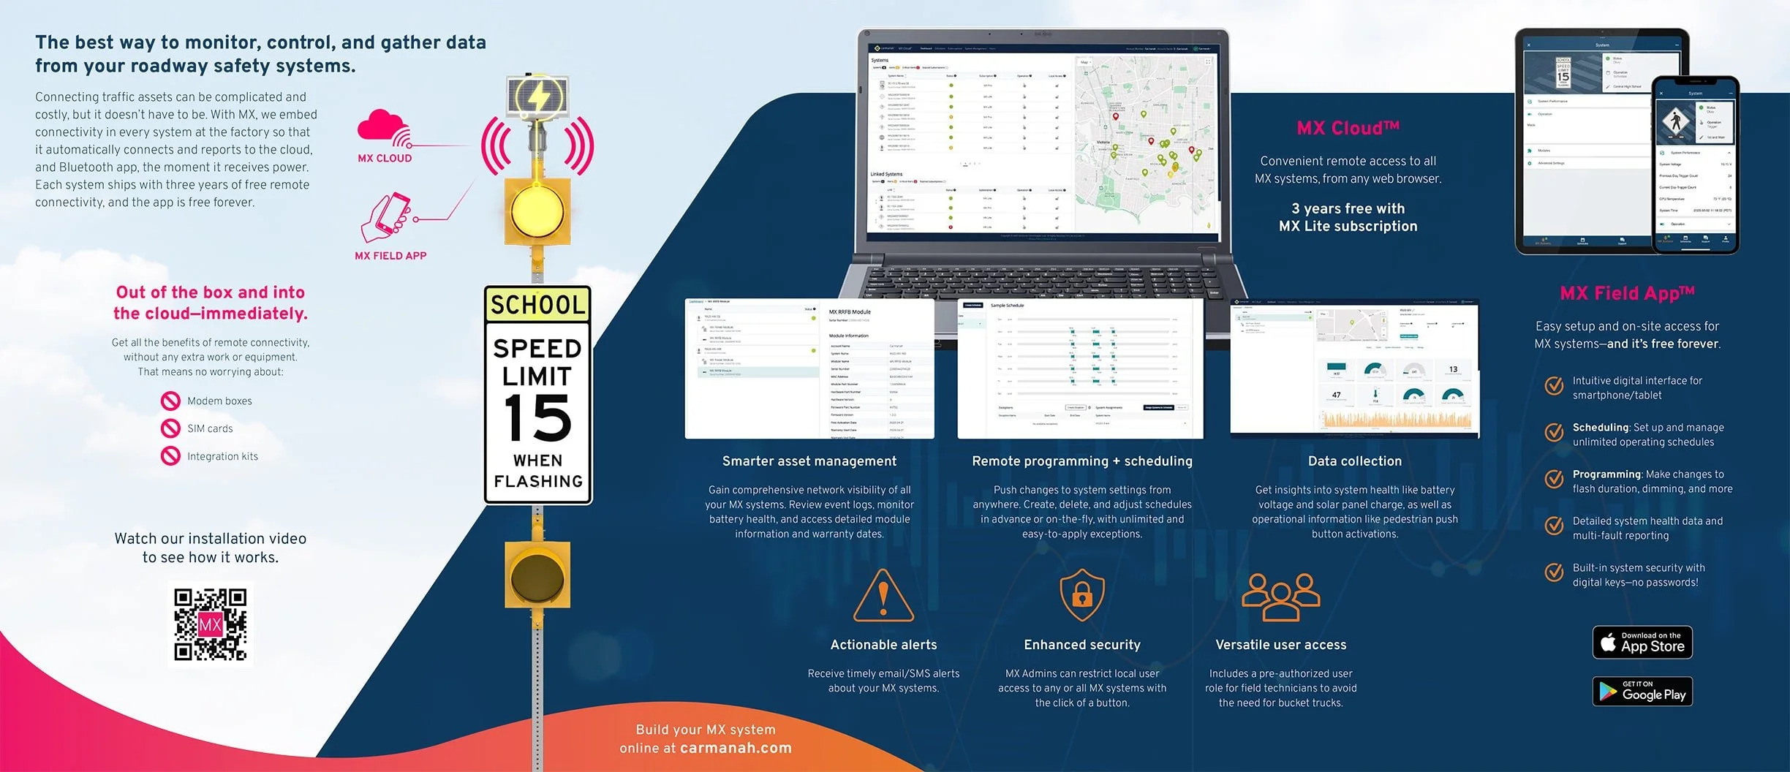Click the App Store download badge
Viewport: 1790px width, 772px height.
coord(1642,643)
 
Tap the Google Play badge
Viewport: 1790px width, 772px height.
coord(1642,692)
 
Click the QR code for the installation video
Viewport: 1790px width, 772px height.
coord(211,624)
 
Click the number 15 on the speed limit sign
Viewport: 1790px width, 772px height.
coord(537,418)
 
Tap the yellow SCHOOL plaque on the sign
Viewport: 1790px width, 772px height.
coord(537,304)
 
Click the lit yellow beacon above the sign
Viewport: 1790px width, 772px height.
coord(537,211)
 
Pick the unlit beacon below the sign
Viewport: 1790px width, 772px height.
coord(537,575)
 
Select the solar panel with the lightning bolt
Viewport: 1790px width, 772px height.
coord(538,96)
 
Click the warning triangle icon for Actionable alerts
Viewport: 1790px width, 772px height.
coord(883,595)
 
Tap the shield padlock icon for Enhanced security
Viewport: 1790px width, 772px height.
coord(1082,594)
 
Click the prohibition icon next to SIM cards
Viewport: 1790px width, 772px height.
coord(170,428)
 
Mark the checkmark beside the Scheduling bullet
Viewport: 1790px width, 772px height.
coord(1554,433)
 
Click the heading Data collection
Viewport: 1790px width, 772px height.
coord(1355,461)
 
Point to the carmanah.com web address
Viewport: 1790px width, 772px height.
coord(736,748)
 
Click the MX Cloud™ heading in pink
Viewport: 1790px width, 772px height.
coord(1348,128)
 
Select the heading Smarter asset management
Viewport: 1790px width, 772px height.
coord(809,461)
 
